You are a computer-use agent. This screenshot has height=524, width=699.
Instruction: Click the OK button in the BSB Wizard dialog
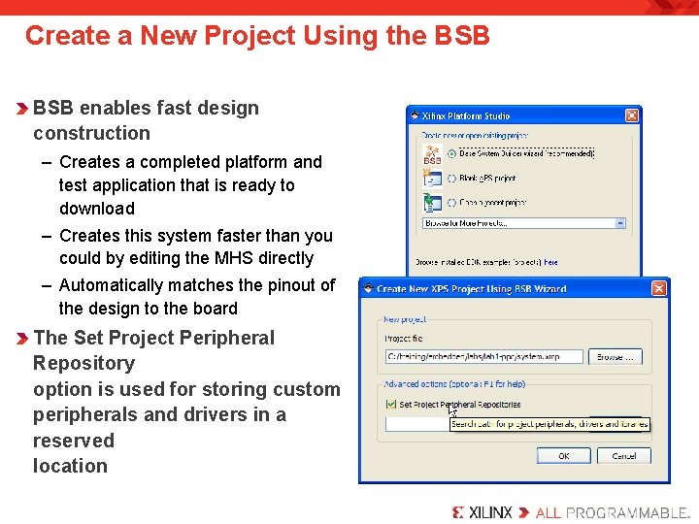point(563,455)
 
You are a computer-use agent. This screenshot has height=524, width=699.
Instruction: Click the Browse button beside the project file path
point(616,357)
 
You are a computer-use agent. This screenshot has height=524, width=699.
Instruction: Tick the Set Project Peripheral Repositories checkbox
point(390,404)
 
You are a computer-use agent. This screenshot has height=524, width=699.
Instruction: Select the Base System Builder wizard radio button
point(452,153)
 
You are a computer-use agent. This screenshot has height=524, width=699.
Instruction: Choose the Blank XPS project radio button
point(452,178)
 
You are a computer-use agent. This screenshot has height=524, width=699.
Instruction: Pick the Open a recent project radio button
point(452,202)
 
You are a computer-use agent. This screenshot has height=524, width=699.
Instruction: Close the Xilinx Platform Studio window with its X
point(632,115)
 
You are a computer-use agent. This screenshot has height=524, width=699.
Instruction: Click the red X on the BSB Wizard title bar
point(659,288)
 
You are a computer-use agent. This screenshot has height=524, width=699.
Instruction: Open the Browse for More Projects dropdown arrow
point(620,222)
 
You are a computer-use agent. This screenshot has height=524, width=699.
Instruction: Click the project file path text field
point(483,357)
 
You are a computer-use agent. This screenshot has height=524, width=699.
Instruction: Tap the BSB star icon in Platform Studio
point(432,152)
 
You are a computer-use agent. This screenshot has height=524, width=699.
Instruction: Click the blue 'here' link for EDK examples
point(550,262)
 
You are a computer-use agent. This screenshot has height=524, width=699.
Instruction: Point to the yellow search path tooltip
point(549,424)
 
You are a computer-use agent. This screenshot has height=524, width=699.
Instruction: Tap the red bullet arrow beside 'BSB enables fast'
point(22,109)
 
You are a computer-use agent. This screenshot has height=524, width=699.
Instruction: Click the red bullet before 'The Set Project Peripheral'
point(22,339)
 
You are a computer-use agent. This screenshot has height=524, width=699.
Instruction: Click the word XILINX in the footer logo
point(490,512)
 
